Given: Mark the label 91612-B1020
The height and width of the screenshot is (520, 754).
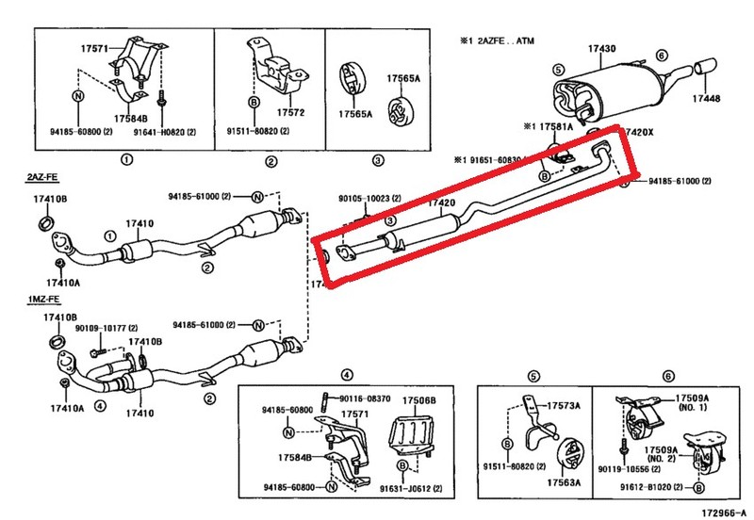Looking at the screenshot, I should click(x=647, y=488).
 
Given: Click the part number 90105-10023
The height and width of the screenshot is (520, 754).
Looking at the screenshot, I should click(x=369, y=199).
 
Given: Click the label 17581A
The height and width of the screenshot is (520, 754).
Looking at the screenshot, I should click(x=557, y=125).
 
